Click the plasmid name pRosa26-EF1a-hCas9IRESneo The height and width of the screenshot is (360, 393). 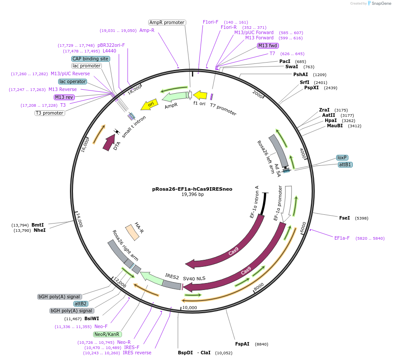(x=192, y=189)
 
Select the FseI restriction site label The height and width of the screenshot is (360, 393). (x=344, y=217)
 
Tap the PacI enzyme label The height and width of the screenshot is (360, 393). (x=285, y=61)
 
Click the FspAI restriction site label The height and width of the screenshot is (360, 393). (x=242, y=344)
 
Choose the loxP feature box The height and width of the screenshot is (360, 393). (x=342, y=157)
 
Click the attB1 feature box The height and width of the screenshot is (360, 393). (x=345, y=164)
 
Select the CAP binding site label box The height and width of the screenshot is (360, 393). (x=90, y=59)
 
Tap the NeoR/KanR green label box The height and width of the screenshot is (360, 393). (x=106, y=334)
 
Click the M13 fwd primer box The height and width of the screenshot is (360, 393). (x=268, y=45)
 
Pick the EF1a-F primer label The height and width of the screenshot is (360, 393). (x=342, y=238)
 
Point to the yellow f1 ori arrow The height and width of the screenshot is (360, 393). (x=200, y=95)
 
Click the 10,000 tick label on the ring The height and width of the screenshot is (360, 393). (x=190, y=308)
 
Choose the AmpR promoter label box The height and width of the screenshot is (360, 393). (x=167, y=22)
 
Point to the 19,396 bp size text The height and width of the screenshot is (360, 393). (x=192, y=195)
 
